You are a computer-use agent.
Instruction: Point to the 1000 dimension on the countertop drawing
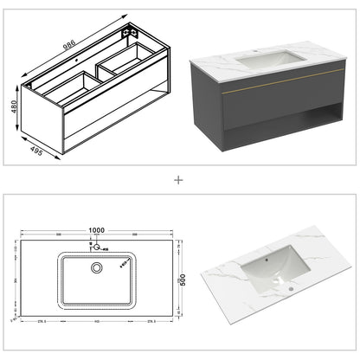(x=96, y=230)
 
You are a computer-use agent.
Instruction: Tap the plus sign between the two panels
(x=179, y=180)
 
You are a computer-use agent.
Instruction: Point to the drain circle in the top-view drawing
(x=97, y=267)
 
